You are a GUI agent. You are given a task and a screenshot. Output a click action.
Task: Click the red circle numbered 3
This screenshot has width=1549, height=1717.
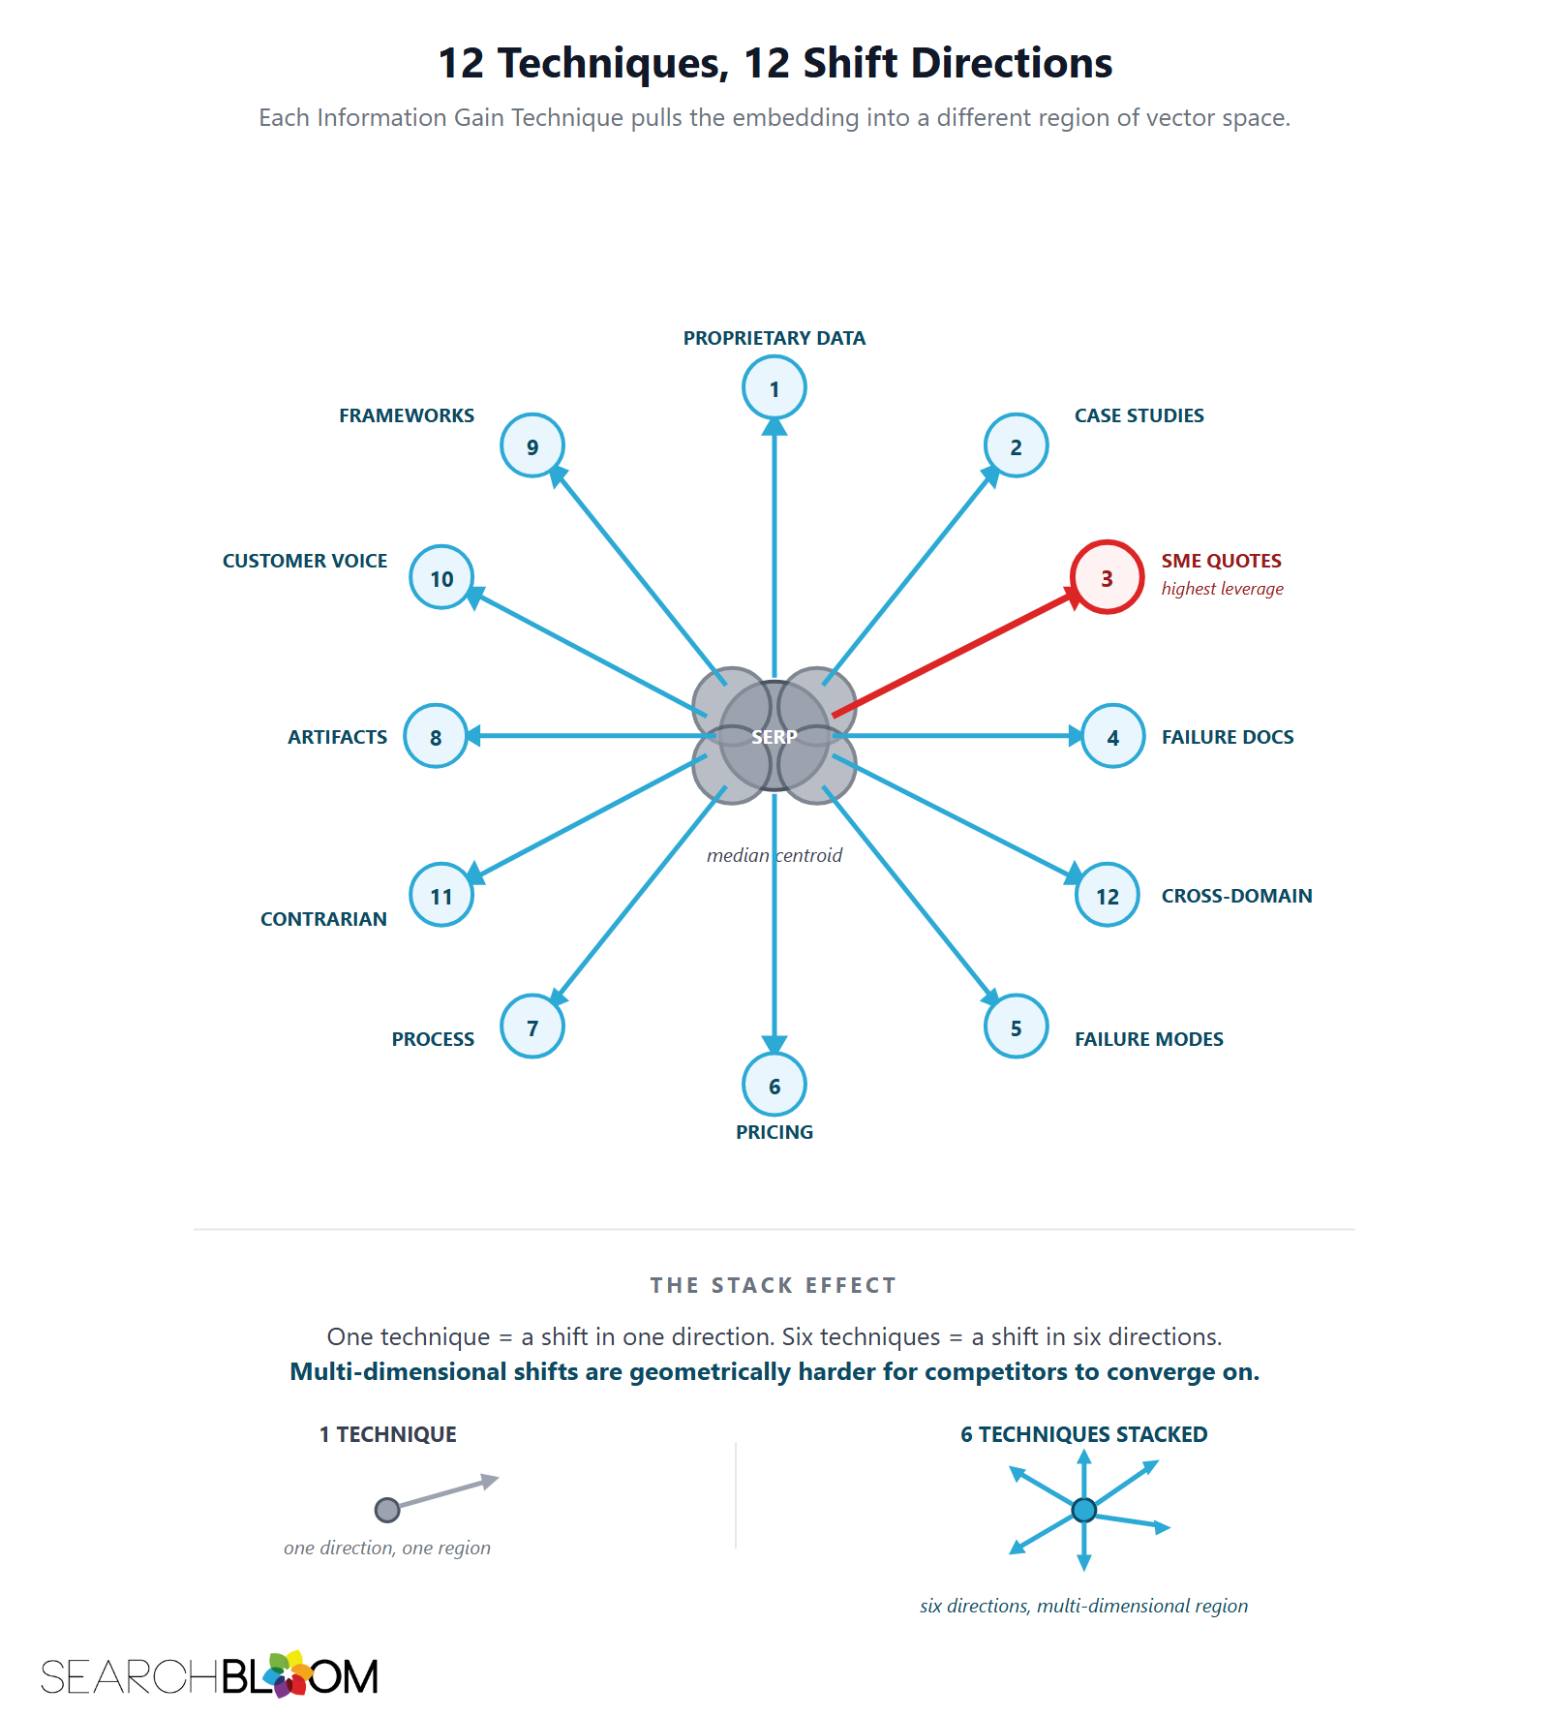click(1107, 577)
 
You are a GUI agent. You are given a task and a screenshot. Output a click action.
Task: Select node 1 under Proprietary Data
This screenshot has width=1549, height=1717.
click(774, 387)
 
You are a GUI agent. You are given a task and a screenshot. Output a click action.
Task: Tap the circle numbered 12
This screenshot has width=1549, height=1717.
click(1107, 895)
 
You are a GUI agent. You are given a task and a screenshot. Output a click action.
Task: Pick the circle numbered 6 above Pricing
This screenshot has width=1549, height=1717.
click(774, 1085)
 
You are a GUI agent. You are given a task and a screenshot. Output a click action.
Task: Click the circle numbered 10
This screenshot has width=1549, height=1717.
click(441, 577)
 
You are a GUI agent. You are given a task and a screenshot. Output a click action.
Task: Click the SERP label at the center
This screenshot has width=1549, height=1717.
click(774, 737)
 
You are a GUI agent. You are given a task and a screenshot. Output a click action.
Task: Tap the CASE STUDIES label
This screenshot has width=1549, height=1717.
click(1139, 415)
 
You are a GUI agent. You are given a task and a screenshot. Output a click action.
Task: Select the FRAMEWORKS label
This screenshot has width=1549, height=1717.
click(407, 415)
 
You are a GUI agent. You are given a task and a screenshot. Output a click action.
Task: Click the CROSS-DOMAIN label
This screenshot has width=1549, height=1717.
click(1237, 896)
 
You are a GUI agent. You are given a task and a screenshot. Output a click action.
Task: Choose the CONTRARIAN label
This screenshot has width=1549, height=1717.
click(323, 919)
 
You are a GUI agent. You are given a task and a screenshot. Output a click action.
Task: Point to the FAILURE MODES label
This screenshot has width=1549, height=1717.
click(1149, 1039)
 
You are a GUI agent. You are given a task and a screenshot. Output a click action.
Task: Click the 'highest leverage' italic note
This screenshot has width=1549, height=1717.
click(1223, 589)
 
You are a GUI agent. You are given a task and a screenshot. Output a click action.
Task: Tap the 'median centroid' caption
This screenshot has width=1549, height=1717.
click(774, 855)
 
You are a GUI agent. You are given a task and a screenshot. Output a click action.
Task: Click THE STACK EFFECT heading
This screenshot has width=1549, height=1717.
click(774, 1285)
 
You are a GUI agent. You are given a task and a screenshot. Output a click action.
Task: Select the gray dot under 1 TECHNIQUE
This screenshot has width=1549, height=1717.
click(387, 1510)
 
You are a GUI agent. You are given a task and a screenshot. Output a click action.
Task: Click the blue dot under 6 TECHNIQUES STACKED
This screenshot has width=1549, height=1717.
click(1084, 1510)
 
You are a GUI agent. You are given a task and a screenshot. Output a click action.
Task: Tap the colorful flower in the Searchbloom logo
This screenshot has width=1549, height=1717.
click(288, 1673)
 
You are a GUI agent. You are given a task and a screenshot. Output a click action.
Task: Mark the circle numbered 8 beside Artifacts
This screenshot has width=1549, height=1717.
click(436, 736)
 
